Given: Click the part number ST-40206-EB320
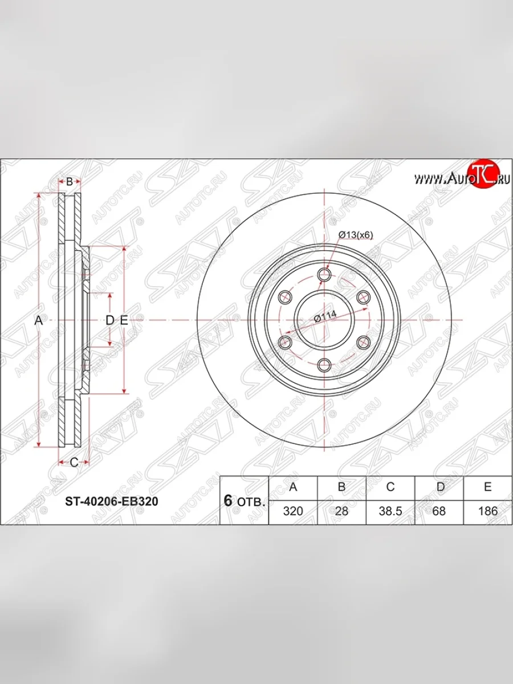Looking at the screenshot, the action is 111,502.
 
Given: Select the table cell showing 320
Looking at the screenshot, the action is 293,511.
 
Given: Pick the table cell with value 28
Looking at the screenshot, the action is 341,511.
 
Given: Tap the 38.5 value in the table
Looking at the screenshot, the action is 390,511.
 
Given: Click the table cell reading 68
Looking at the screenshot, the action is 439,511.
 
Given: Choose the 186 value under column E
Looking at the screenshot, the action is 488,511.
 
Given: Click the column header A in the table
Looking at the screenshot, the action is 293,487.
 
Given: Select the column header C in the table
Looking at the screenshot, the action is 390,487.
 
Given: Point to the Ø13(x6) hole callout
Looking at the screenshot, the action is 355,235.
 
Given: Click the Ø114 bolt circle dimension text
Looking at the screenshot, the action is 325,317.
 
